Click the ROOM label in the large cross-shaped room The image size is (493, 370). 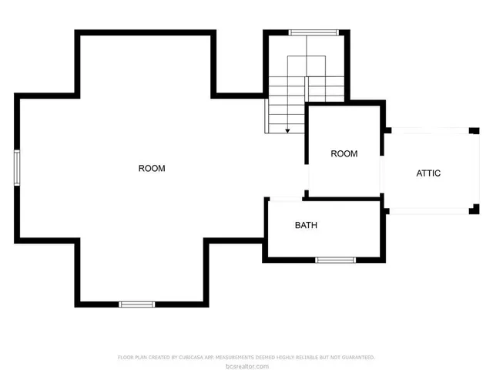point(152,168)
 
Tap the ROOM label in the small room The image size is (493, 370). point(344,153)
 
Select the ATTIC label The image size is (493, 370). point(428,173)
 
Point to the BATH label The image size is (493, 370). point(306,226)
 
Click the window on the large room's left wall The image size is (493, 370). point(16,168)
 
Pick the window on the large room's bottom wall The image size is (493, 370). point(136,304)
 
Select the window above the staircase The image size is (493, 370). point(313,32)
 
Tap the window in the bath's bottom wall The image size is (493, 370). point(335,260)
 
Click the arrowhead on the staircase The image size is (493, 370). point(287,131)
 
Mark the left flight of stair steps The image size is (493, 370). point(277,105)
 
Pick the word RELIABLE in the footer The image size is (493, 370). point(312,358)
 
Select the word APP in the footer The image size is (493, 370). point(221,358)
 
